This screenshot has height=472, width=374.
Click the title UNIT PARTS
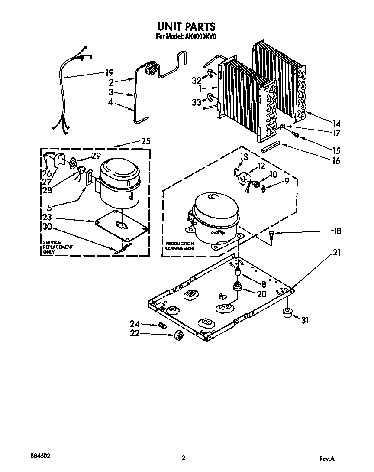tap(186, 27)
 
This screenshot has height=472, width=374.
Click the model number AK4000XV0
tap(197, 37)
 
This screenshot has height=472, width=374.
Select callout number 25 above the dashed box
tap(145, 141)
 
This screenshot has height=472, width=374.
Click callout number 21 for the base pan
tap(335, 253)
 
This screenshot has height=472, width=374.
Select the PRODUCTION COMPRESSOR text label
tap(180, 246)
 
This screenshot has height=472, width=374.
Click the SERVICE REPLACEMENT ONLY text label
tap(58, 247)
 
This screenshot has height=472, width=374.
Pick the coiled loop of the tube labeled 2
tap(152, 68)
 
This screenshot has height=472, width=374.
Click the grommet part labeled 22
tap(177, 335)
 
